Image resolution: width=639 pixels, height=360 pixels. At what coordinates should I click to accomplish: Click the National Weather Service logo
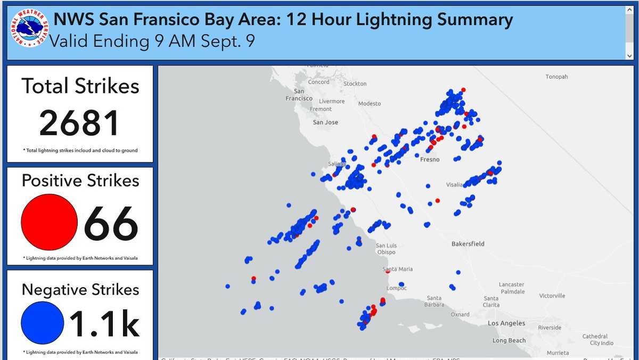[x=27, y=29]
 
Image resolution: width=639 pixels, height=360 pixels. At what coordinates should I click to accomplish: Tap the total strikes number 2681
[x=79, y=123]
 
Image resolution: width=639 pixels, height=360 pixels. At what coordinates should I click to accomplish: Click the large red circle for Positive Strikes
[x=49, y=222]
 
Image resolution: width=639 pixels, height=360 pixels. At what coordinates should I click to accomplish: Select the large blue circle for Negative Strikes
[x=43, y=323]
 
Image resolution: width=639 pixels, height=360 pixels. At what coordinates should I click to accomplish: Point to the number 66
[x=111, y=224]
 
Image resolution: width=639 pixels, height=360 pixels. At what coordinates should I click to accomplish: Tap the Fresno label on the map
[x=430, y=159]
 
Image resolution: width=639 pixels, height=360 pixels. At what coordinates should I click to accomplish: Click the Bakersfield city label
[x=468, y=244]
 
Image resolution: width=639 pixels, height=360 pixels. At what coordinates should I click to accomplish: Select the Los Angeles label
[x=506, y=323]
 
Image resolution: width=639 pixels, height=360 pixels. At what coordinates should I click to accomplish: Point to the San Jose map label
[x=325, y=122]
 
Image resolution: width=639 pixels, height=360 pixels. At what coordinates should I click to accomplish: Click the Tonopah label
[x=556, y=77]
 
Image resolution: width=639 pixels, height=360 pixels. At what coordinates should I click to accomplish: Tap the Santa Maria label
[x=398, y=269]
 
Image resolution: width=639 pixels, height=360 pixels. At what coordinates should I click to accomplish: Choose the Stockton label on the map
[x=355, y=84]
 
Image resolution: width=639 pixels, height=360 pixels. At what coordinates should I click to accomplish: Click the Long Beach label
[x=509, y=340]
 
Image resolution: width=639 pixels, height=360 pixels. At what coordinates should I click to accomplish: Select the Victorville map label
[x=551, y=296]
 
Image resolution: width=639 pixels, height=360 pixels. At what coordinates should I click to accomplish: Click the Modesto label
[x=370, y=103]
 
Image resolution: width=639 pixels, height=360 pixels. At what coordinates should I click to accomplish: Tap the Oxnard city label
[x=460, y=314]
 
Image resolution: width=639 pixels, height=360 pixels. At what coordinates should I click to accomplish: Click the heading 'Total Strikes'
[x=80, y=86]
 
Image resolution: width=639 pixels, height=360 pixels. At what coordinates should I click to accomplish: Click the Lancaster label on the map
[x=511, y=284]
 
